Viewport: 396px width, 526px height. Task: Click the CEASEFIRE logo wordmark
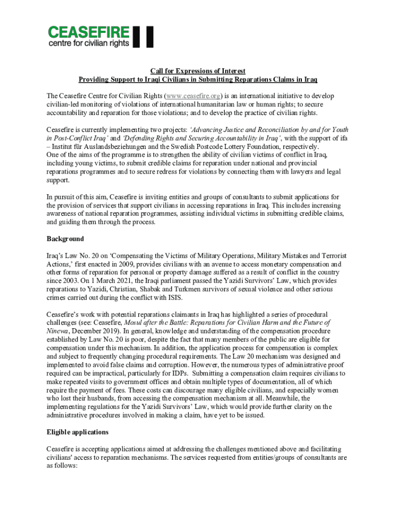tap(88, 33)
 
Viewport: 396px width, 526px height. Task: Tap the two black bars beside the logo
tap(143, 36)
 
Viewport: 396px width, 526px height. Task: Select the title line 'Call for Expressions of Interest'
tap(197, 71)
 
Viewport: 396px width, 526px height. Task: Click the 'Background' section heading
tap(65, 239)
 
